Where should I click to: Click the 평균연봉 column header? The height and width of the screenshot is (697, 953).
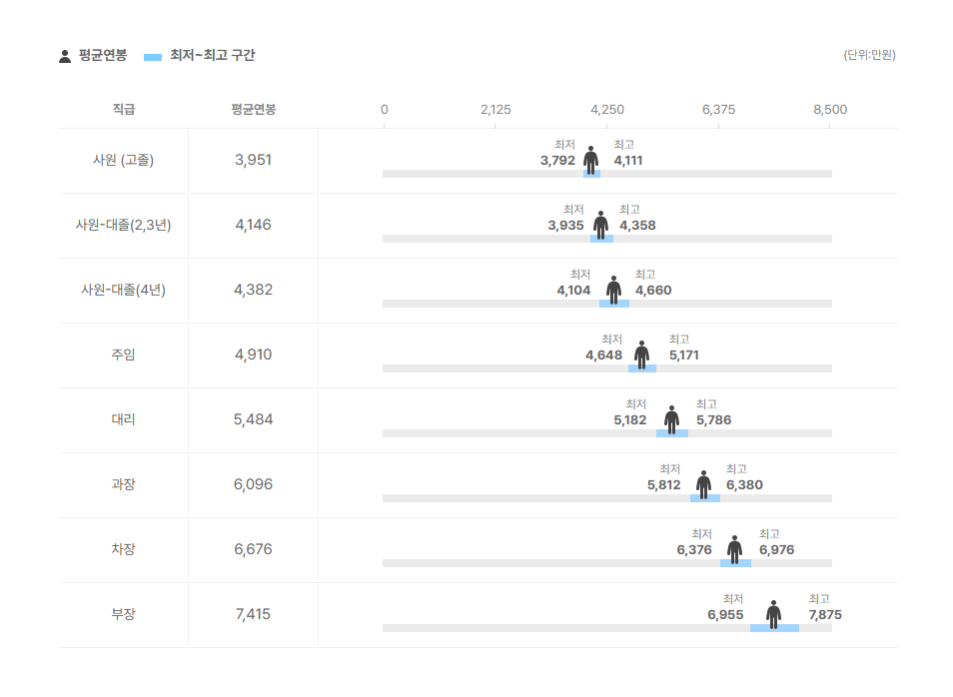[x=253, y=109]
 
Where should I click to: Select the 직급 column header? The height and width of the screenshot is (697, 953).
[x=123, y=109]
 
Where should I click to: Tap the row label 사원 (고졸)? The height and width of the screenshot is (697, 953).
[x=123, y=160]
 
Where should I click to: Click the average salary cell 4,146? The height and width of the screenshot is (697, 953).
[x=253, y=225]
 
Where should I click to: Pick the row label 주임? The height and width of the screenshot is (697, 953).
[x=123, y=354]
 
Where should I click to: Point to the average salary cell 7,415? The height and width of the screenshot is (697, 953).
[x=253, y=614]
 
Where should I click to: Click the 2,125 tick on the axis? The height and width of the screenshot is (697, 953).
[x=495, y=109]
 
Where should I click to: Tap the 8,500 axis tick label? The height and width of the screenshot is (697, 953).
[x=830, y=109]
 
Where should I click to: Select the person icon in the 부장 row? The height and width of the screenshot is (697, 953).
[x=773, y=614]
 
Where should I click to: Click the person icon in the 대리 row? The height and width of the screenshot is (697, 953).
[x=671, y=419]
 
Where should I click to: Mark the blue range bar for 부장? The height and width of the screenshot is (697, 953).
[x=774, y=628]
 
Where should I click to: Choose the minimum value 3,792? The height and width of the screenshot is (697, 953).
[x=557, y=161]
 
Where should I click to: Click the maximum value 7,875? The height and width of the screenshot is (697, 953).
[x=825, y=615]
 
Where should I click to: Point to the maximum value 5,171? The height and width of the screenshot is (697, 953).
[x=684, y=355]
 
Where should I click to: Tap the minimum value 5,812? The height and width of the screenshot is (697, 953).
[x=663, y=485]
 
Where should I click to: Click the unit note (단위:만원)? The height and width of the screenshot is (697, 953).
[x=869, y=55]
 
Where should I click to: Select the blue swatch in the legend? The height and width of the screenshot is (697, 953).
[x=153, y=57]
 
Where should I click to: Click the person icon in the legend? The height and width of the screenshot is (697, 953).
[x=65, y=56]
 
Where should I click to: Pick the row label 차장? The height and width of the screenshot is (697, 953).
[x=123, y=549]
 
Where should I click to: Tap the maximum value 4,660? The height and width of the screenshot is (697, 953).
[x=653, y=291]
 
